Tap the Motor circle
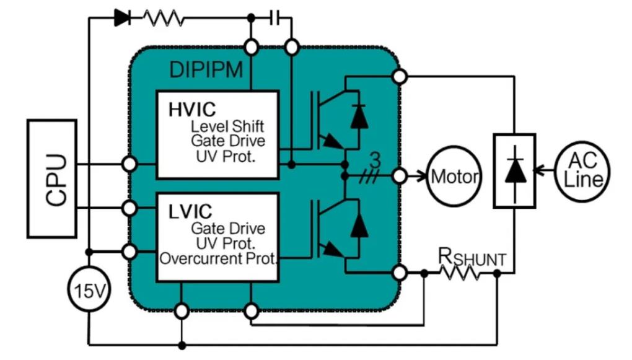point(455,177)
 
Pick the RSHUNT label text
point(472,257)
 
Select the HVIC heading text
point(192,110)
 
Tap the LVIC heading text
point(190,211)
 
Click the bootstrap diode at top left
point(122,18)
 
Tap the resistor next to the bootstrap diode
point(164,18)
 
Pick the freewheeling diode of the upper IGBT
point(358,118)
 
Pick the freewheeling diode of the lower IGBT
point(358,226)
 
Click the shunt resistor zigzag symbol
point(460,272)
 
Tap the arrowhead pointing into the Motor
point(423,177)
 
